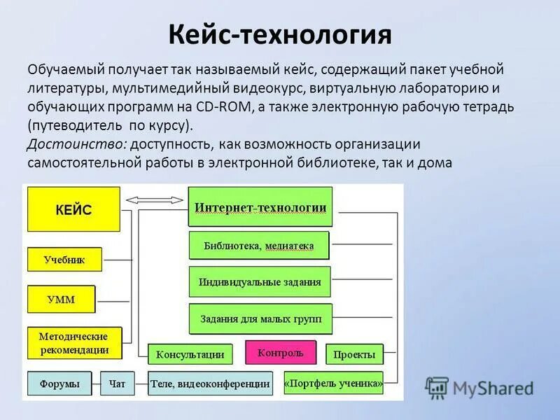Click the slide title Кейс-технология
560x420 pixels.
point(280,34)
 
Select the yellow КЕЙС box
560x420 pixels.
point(73,209)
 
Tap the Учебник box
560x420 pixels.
point(64,260)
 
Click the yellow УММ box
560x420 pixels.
point(61,300)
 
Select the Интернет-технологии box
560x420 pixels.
point(260,207)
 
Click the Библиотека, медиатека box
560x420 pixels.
point(258,246)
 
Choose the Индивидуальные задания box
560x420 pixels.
point(259,282)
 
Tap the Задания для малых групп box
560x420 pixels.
point(260,319)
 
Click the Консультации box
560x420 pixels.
point(190,354)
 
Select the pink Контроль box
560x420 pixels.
point(280,353)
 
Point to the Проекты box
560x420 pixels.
point(354,355)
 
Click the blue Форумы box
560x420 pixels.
point(59,384)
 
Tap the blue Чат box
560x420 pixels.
point(117,384)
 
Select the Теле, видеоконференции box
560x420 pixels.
point(210,384)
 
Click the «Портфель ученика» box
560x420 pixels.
point(334,383)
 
